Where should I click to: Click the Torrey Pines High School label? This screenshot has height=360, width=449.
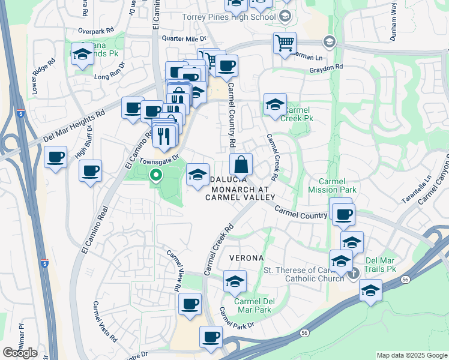pyautogui.click(x=229, y=16)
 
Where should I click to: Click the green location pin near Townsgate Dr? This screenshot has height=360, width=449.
pyautogui.click(x=156, y=176)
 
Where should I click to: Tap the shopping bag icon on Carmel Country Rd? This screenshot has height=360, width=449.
pyautogui.click(x=241, y=164)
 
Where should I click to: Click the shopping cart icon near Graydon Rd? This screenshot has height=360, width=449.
pyautogui.click(x=285, y=43)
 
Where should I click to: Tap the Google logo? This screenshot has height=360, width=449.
pyautogui.click(x=20, y=353)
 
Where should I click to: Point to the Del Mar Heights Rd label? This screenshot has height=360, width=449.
pyautogui.click(x=74, y=127)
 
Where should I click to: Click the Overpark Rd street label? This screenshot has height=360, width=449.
pyautogui.click(x=95, y=30)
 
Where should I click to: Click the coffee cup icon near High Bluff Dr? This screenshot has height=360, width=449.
pyautogui.click(x=91, y=171)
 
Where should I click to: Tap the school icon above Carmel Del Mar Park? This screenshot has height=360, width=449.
pyautogui.click(x=235, y=280)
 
